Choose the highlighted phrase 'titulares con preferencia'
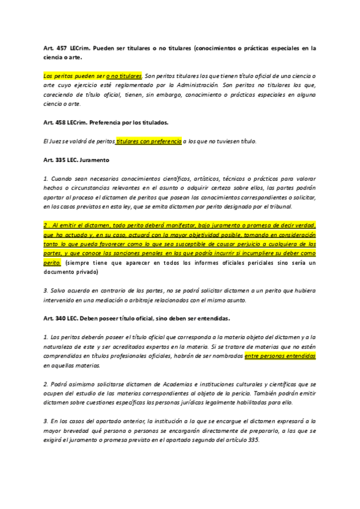click(x=149, y=142)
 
